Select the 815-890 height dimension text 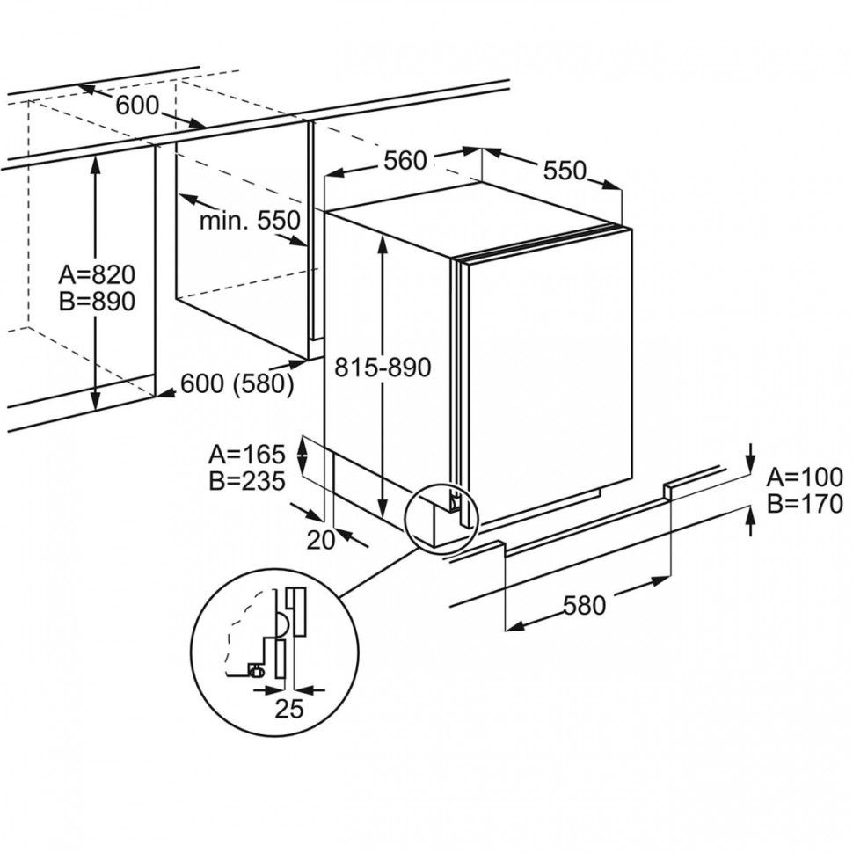click(x=383, y=368)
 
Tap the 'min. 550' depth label click(x=250, y=221)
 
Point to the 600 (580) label click(x=237, y=385)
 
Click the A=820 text click(x=97, y=274)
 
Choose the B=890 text click(x=97, y=302)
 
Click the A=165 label click(x=247, y=455)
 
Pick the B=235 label click(x=247, y=481)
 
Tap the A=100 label click(x=805, y=478)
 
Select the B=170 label click(x=805, y=504)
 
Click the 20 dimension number click(x=322, y=541)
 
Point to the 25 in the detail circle click(x=288, y=709)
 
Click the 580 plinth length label click(x=585, y=606)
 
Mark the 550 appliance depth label click(x=564, y=171)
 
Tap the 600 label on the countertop click(x=138, y=106)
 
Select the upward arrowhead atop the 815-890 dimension click(x=383, y=241)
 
